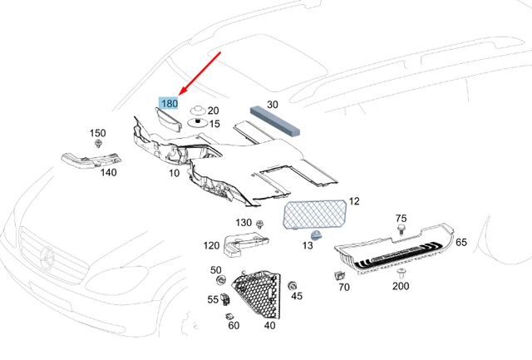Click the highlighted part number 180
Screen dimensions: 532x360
[169, 103]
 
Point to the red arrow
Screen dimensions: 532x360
[199, 74]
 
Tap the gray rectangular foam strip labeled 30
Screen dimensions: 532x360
[275, 121]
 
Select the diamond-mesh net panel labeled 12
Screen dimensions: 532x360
[314, 215]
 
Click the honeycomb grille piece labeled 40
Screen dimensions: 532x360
[259, 293]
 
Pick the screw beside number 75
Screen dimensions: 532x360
[401, 229]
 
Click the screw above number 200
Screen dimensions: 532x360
[401, 272]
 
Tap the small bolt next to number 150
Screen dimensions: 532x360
[98, 143]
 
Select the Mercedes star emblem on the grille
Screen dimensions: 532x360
[47, 257]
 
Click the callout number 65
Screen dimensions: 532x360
[461, 242]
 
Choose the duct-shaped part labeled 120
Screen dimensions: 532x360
[244, 243]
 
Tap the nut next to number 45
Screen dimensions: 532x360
[292, 286]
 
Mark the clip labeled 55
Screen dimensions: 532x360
[225, 299]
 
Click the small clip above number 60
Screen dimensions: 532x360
[229, 316]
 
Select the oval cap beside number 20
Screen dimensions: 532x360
[198, 110]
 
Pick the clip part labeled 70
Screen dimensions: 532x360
[339, 275]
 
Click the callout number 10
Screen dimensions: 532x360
[174, 173]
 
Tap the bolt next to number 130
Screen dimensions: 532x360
[260, 224]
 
